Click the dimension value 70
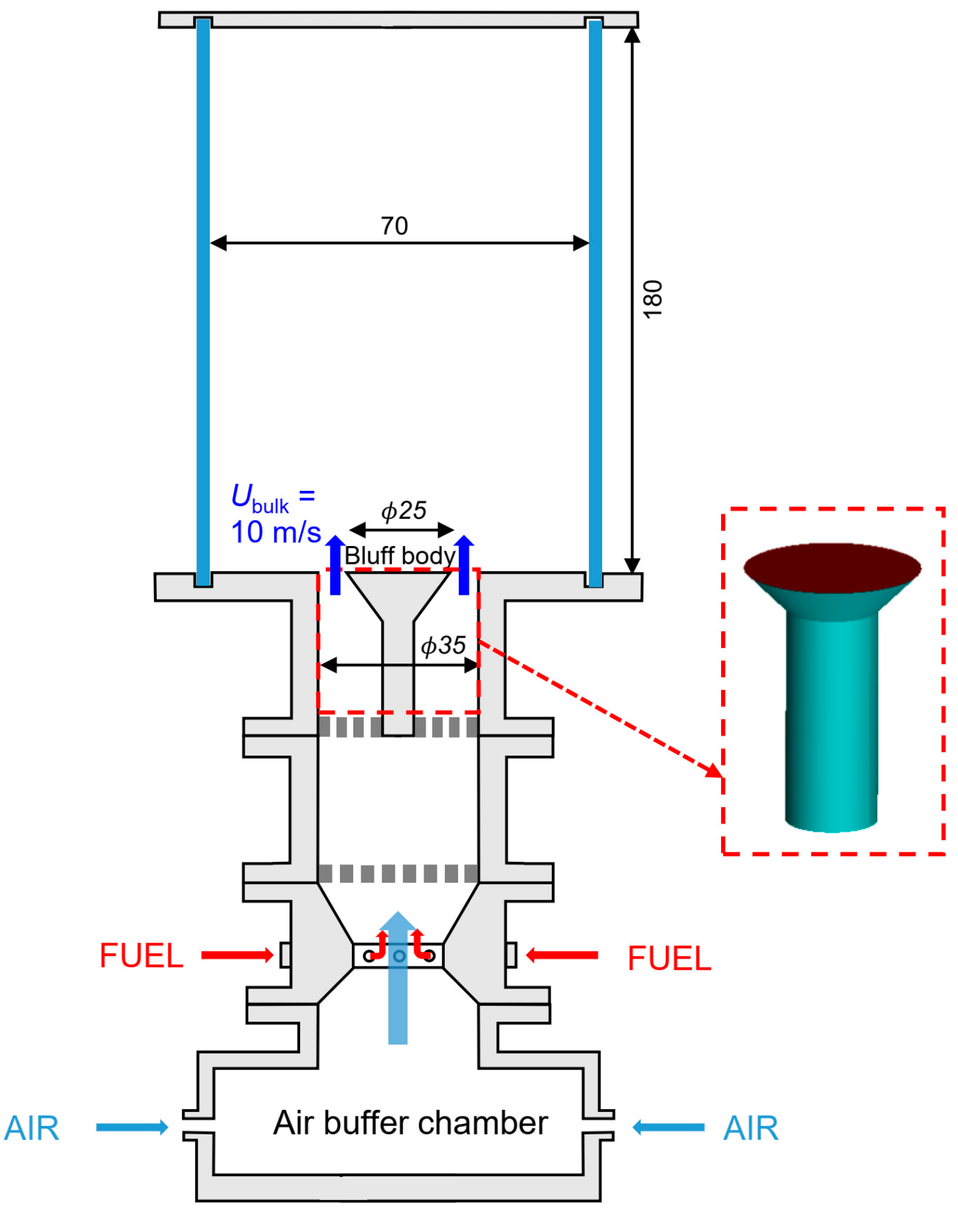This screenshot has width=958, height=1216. click(394, 226)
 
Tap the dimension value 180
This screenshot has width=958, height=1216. click(653, 299)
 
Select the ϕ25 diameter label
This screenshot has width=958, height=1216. click(403, 510)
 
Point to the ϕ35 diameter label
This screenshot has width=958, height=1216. click(443, 645)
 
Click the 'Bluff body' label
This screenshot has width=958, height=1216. click(400, 555)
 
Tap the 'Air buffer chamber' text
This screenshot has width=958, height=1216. click(410, 1122)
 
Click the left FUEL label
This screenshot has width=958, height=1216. click(141, 956)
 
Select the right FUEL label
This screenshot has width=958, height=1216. click(669, 959)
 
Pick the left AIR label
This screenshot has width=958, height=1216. click(32, 1128)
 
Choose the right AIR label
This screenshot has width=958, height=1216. click(751, 1128)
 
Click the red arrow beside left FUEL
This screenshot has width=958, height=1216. click(237, 955)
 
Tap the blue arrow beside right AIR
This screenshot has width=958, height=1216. click(669, 1127)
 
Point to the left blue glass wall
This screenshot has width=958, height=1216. click(203, 299)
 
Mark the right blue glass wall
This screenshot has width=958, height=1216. click(596, 299)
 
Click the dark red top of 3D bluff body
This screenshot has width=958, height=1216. click(832, 568)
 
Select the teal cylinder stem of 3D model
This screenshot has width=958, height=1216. click(832, 716)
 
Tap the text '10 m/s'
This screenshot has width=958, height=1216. click(276, 532)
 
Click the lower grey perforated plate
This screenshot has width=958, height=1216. click(398, 873)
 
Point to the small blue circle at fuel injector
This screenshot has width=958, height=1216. click(399, 956)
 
